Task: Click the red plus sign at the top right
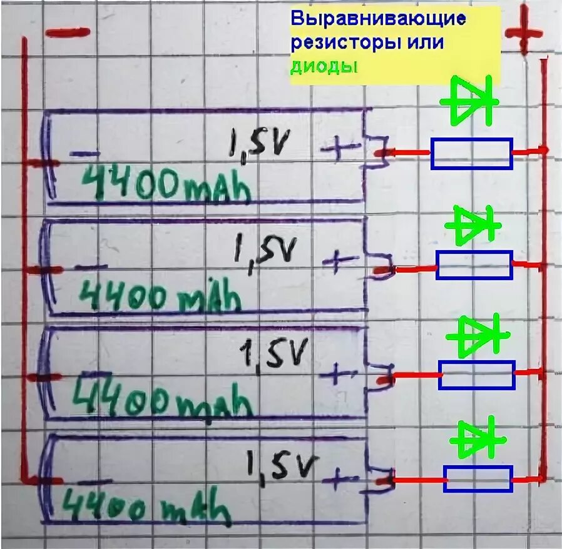(524, 34)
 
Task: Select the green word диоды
(324, 67)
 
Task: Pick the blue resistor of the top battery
(471, 153)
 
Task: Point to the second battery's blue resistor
(474, 265)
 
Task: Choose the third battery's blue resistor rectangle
(476, 375)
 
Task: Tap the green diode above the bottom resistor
(475, 440)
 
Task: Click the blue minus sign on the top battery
(84, 153)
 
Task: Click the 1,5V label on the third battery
(274, 355)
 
